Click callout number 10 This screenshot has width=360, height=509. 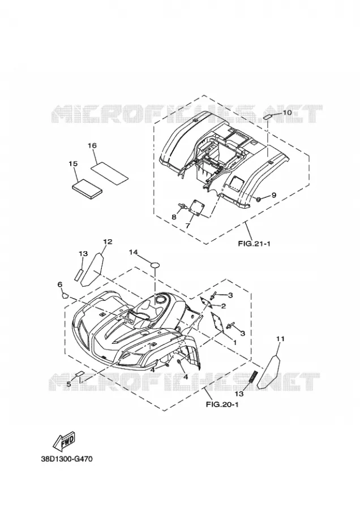(287, 113)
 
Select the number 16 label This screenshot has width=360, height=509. (92, 145)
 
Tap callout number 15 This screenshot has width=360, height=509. (74, 163)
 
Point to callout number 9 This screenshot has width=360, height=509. (273, 195)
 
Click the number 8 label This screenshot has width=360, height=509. (174, 217)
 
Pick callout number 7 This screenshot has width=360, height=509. (187, 225)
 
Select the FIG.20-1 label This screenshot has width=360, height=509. (222, 404)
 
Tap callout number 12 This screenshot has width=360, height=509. (108, 241)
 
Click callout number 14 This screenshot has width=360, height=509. (133, 252)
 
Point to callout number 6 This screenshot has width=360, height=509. (60, 284)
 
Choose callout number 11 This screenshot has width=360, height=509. (280, 339)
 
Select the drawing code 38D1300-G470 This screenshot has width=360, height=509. (67, 459)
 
